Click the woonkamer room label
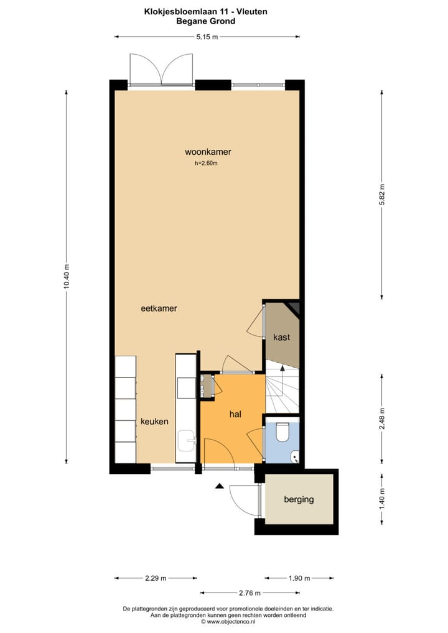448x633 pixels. [203, 152]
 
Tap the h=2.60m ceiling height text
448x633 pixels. [206, 164]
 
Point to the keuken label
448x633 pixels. [154, 421]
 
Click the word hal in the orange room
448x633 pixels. [235, 414]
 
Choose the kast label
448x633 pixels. [281, 337]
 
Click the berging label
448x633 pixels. [299, 499]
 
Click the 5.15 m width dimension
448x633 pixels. [207, 37]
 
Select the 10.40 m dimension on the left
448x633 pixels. [67, 277]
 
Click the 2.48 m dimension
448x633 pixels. [383, 418]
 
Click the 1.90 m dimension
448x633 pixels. [297, 578]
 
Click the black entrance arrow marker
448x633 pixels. [218, 486]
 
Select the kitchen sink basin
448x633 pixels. [187, 441]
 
